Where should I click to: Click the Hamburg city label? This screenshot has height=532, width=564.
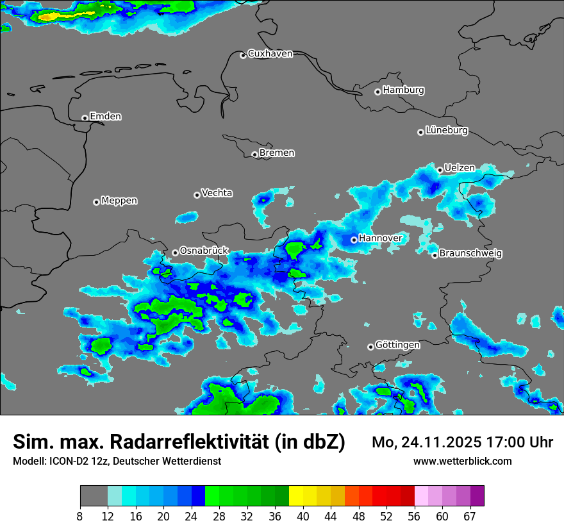point(403,90)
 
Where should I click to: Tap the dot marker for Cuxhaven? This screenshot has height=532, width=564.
point(243,55)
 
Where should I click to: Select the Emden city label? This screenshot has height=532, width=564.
point(105,117)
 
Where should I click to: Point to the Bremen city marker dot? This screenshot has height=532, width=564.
point(254,154)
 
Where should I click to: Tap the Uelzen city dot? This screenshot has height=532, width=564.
point(440,170)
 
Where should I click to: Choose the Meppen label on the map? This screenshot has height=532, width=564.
point(119,201)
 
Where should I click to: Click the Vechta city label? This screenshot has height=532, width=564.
point(217,193)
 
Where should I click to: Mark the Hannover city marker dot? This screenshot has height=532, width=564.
point(354,240)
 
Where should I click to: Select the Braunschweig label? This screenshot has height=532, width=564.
point(470,253)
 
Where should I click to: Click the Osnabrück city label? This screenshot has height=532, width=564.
point(204,251)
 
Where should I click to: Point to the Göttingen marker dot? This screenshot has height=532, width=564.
point(370,347)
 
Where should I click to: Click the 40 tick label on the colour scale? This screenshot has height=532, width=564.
point(303,517)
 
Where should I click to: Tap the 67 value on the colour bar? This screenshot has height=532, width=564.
point(470,517)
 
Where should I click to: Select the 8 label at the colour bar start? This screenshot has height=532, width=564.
point(80,517)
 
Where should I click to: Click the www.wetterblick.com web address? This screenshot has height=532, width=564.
point(463,461)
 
